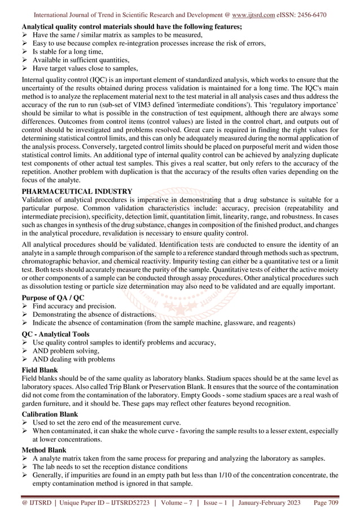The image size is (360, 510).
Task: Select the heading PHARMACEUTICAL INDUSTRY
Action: [x=77, y=191]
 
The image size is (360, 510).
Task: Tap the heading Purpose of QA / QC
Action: [x=52, y=297]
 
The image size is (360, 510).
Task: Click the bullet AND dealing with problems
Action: [x=74, y=359]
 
